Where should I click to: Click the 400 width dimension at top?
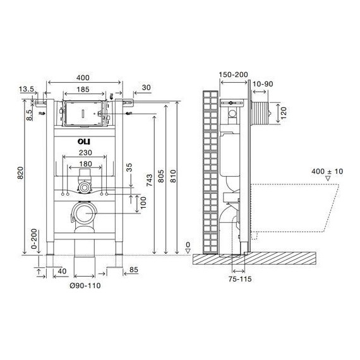[83, 78]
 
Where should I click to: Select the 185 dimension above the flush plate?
[83, 89]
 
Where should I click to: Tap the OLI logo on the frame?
[84, 141]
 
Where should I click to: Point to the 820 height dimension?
[20, 173]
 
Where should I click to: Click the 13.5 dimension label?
[27, 89]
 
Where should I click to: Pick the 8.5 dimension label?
[29, 115]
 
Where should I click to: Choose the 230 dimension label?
[85, 153]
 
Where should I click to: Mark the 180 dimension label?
[85, 164]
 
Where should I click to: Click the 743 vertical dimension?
[150, 180]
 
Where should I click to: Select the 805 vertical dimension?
[161, 176]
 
